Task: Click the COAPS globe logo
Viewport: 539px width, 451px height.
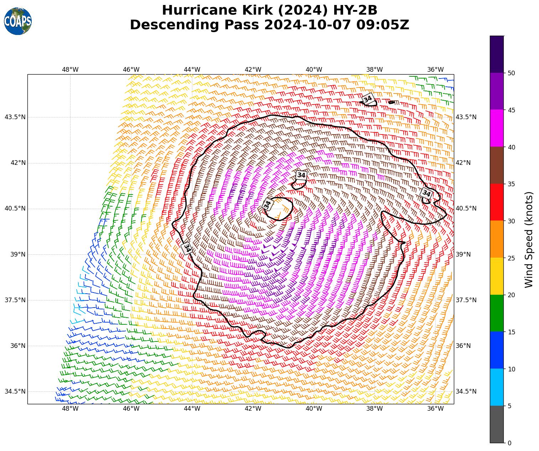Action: click(x=18, y=21)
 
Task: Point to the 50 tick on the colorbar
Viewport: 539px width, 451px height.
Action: click(x=511, y=73)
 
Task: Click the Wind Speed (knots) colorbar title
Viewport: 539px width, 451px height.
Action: click(x=529, y=239)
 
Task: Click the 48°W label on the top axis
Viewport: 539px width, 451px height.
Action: click(x=70, y=69)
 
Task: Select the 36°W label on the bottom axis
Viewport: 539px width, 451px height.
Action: click(x=435, y=409)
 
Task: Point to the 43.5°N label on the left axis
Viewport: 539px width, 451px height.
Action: click(x=15, y=117)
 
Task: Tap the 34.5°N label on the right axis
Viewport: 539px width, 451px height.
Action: click(x=466, y=391)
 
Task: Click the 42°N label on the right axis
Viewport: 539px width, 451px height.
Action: click(x=463, y=163)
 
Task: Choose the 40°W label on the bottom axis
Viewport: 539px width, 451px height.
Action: click(x=314, y=409)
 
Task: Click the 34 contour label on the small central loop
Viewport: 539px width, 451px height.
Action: click(x=268, y=204)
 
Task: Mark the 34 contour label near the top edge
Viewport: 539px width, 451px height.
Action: click(x=368, y=99)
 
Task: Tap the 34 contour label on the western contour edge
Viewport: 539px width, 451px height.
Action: click(x=187, y=248)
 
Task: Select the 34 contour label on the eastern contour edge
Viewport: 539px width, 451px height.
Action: click(x=426, y=194)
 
